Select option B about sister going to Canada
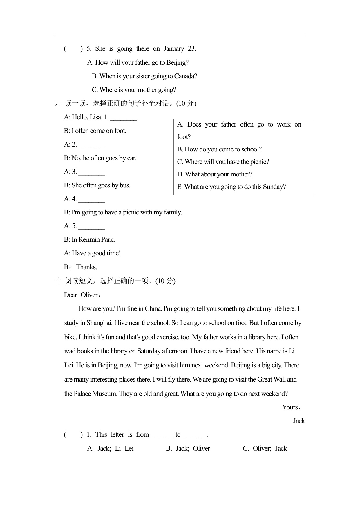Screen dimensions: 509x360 144,76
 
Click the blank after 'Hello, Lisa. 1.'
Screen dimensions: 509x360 124,118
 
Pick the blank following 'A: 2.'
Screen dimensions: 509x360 92,145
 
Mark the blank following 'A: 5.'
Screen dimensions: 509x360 92,226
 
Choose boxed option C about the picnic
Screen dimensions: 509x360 223,162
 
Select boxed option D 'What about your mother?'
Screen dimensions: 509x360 215,174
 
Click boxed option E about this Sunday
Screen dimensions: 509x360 231,187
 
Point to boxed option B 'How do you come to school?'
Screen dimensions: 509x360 219,149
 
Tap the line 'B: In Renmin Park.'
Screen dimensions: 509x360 89,240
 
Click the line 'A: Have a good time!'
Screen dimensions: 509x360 92,253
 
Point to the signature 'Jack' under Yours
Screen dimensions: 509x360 299,421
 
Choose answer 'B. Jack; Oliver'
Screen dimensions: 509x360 188,449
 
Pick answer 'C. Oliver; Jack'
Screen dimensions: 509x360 265,449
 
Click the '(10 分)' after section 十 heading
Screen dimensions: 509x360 165,281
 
